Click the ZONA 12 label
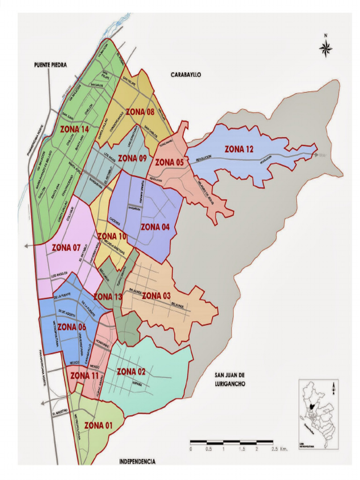click(x=239, y=150)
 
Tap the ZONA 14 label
click(x=75, y=129)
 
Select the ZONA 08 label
click(x=140, y=112)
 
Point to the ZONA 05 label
click(x=169, y=162)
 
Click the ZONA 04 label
click(x=155, y=227)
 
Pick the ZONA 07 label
click(x=66, y=247)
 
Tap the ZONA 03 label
click(x=156, y=295)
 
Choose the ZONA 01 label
click(x=99, y=425)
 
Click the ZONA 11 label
click(x=84, y=375)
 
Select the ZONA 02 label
click(x=131, y=372)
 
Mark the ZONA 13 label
click(x=108, y=296)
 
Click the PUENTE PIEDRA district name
click(x=51, y=65)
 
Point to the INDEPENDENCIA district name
click(x=137, y=462)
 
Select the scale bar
click(x=232, y=442)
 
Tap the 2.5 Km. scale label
click(x=279, y=449)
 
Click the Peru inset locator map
click(x=318, y=415)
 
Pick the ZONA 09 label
click(x=133, y=158)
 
